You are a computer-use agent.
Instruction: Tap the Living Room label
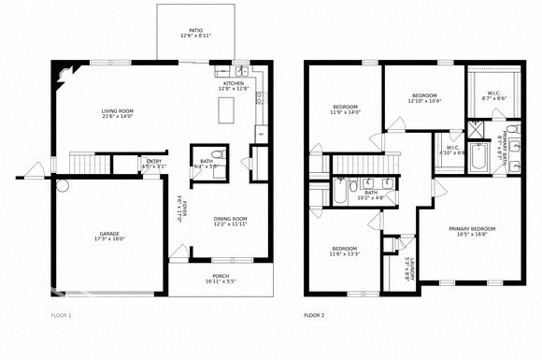click(118, 114)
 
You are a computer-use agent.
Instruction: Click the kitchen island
click(225, 111)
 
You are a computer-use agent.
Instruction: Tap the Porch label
click(221, 278)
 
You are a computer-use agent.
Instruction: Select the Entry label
click(153, 164)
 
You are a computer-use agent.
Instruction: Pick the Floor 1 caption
click(60, 316)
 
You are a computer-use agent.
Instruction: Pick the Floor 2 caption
click(315, 316)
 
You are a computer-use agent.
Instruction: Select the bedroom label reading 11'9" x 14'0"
click(346, 110)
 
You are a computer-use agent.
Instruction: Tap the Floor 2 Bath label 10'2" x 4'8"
click(371, 195)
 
